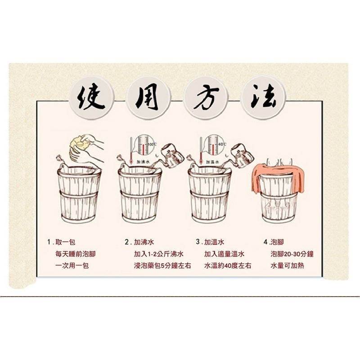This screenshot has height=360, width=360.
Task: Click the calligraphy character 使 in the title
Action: click(x=91, y=97)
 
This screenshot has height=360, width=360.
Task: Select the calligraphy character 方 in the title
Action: click(x=206, y=97)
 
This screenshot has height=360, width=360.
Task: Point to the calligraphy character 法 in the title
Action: click(x=264, y=97)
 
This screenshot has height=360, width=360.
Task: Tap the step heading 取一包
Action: click(x=65, y=242)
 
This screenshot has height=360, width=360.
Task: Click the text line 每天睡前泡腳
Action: click(x=75, y=254)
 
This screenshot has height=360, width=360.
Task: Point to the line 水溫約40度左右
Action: click(x=227, y=265)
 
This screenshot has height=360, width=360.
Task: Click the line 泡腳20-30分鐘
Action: click(x=292, y=254)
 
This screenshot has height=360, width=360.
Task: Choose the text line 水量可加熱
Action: click(x=287, y=265)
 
